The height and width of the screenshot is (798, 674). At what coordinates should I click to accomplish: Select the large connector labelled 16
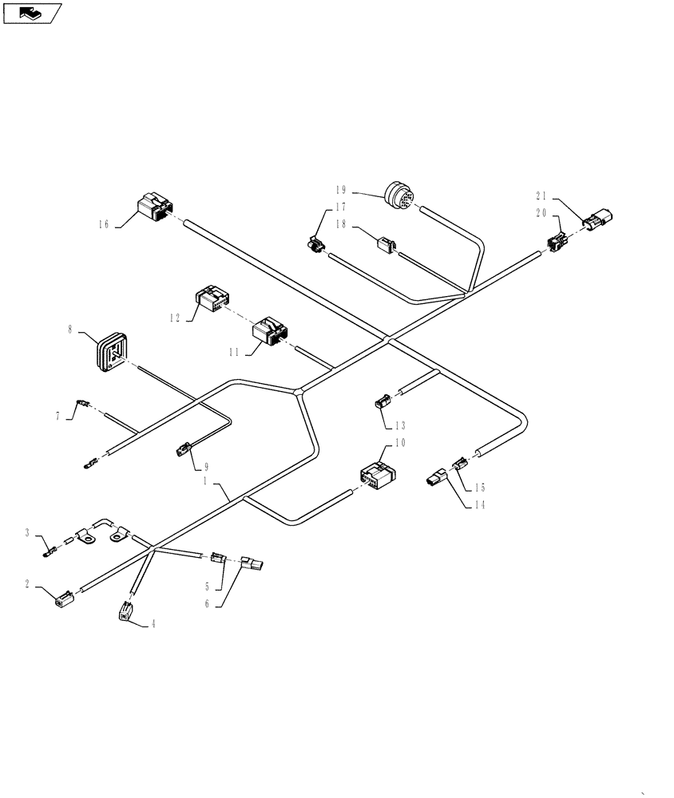tap(154, 207)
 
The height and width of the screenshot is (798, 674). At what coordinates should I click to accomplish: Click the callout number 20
tap(541, 213)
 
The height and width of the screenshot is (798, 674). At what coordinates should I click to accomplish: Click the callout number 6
tap(207, 604)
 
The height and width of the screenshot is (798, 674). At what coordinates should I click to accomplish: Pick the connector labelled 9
tap(183, 452)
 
